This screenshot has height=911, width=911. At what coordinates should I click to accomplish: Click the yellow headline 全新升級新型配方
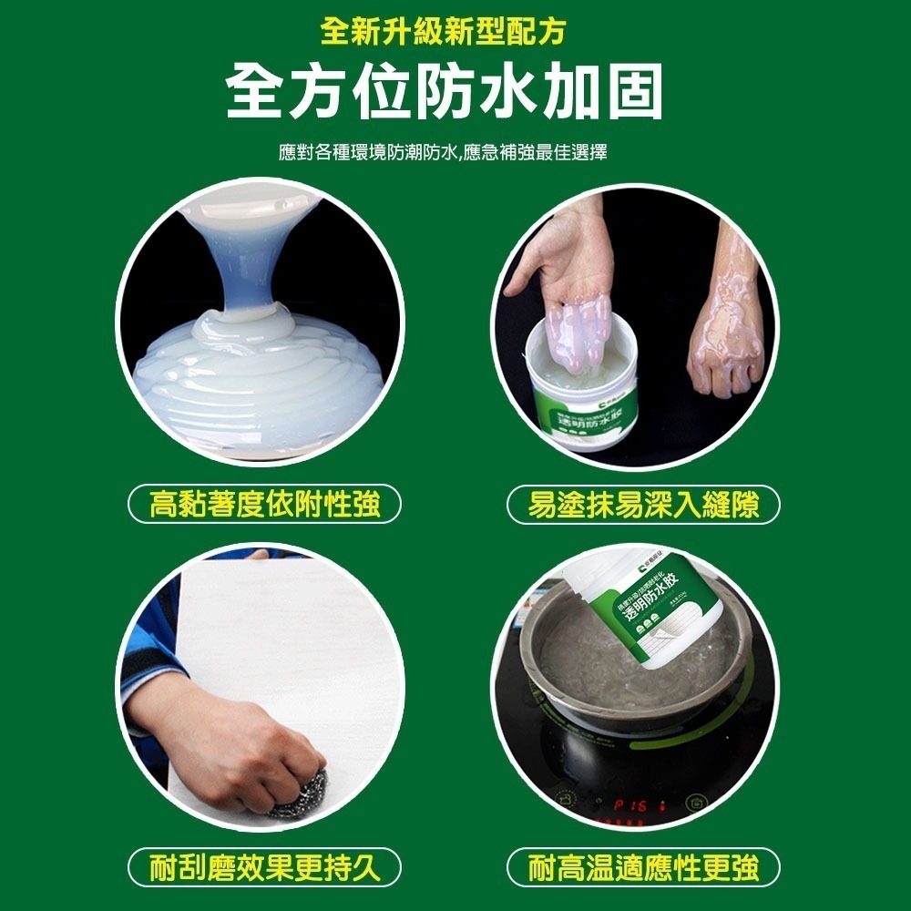pos(443,32)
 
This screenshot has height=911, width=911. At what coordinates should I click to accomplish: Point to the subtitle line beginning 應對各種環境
pos(443,152)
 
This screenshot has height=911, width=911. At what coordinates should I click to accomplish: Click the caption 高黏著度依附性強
pos(264,504)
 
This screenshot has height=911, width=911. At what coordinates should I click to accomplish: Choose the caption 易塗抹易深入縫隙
pos(643,504)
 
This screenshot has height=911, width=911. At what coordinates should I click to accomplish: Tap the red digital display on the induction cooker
pos(633,806)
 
